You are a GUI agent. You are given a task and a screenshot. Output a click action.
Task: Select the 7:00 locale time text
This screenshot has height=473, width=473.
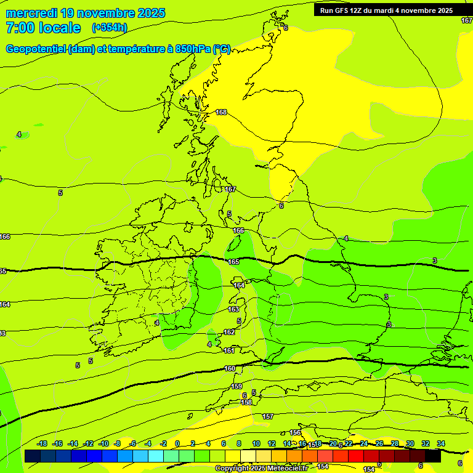point(43,28)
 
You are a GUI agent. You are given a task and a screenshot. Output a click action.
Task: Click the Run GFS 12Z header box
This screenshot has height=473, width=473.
point(386,10)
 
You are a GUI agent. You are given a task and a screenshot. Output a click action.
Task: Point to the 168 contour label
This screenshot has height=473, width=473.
point(221,112)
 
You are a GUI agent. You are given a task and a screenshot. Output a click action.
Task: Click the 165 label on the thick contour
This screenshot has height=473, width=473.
point(233,262)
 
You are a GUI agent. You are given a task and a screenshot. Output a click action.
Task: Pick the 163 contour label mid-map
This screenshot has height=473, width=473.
point(233,309)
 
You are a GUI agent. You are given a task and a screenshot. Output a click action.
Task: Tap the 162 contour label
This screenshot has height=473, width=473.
point(229,332)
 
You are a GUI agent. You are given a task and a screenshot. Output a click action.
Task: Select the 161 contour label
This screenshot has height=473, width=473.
point(229,350)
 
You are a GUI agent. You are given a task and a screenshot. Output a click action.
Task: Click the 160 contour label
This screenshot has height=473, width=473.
point(230,368)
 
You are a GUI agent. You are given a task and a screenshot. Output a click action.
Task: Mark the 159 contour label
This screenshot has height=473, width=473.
point(236,386)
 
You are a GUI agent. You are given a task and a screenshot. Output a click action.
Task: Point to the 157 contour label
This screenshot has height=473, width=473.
point(268,417)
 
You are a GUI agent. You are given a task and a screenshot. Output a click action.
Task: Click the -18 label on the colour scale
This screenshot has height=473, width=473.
point(42,443)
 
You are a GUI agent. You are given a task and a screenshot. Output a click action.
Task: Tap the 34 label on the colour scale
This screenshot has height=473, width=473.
point(441,443)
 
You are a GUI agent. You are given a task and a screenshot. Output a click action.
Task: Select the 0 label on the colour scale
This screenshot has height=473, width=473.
point(177,443)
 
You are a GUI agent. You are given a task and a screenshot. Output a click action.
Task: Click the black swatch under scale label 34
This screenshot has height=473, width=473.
point(433,456)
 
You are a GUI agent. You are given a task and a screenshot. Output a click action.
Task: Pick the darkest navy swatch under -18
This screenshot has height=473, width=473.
point(33,456)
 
